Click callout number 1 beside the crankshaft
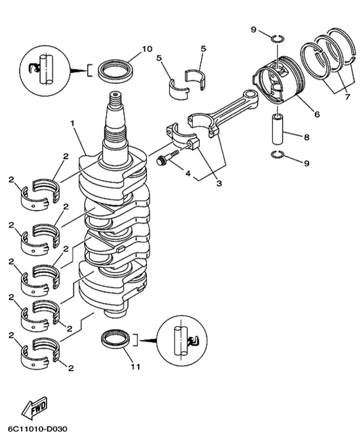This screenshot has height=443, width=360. tap(72, 123)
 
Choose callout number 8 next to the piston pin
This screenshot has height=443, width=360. tap(306, 137)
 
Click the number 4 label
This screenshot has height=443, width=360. tap(188, 174)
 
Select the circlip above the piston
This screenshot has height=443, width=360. tap(276, 40)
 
